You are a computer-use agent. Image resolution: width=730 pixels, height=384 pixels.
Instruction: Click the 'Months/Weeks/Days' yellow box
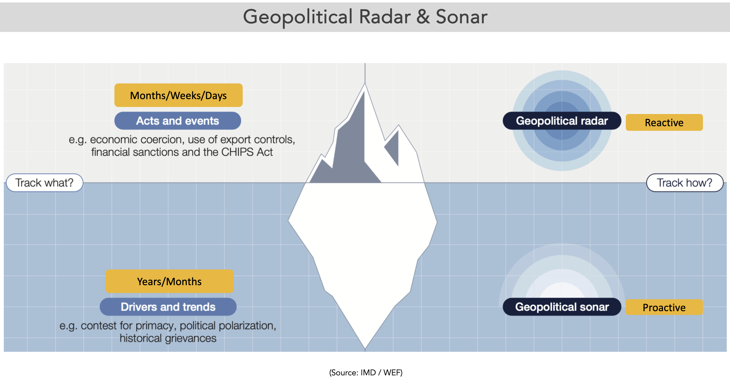tap(178, 95)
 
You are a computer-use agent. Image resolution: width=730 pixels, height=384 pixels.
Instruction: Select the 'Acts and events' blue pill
tap(178, 121)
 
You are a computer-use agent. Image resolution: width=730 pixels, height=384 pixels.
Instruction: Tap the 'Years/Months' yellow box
tap(169, 281)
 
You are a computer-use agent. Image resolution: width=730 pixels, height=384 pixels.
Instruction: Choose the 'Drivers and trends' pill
tap(168, 307)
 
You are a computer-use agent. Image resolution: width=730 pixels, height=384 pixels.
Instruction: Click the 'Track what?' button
tap(44, 183)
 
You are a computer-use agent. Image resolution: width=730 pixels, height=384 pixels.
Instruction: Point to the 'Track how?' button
tap(685, 183)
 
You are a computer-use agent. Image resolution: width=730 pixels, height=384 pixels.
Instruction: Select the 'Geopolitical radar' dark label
tap(562, 121)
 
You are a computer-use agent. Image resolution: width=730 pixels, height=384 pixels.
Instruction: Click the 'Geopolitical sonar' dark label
tap(562, 307)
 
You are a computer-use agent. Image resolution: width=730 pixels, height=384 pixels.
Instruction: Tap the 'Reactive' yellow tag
tap(664, 122)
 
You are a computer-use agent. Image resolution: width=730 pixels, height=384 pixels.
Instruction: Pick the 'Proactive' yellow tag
tap(664, 307)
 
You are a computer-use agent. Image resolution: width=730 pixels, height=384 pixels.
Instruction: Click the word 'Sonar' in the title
tap(461, 17)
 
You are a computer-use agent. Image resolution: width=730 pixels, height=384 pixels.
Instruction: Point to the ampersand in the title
tap(423, 17)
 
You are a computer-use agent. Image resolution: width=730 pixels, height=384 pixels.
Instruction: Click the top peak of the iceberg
tap(365, 83)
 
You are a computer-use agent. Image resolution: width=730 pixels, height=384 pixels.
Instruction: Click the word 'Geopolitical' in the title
tap(298, 17)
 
